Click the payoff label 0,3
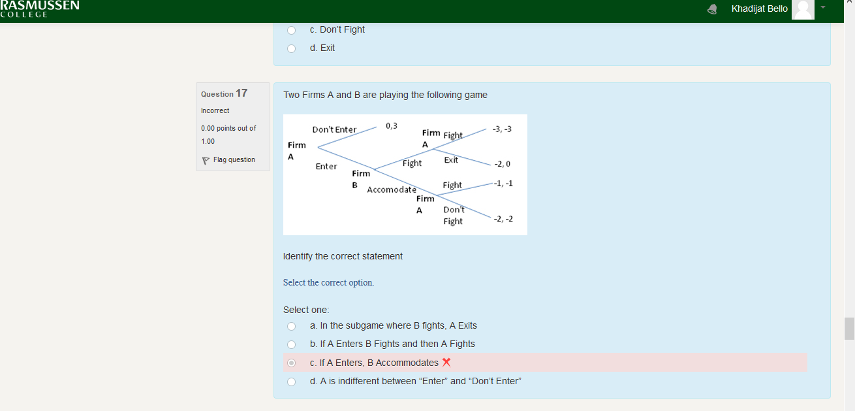coord(392,125)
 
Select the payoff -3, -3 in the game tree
coord(502,129)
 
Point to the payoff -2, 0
coord(503,164)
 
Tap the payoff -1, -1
coord(503,184)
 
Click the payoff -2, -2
coord(503,219)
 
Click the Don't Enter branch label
coord(334,129)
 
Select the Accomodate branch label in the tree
coord(392,189)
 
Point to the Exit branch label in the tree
coord(451,159)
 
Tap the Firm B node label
coord(361,179)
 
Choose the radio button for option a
coord(291,326)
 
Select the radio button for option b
coord(291,344)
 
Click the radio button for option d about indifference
coord(291,382)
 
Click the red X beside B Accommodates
coord(446,362)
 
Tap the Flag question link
coord(229,159)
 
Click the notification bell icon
coord(712,9)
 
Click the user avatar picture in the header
coord(803,10)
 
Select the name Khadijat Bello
coord(760,8)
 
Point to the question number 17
coord(241,93)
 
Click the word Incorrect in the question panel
coord(215,110)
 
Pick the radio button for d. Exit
coord(291,48)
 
